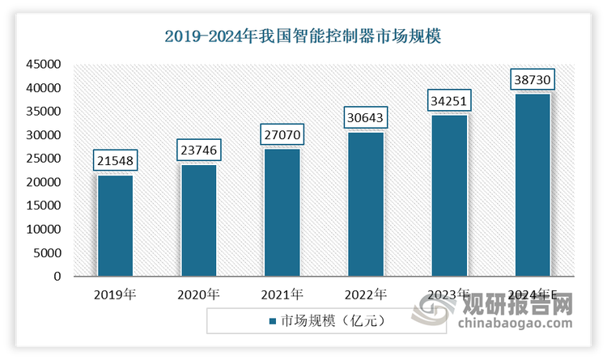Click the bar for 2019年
coord(115,226)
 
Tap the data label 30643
coord(366,116)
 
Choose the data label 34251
coord(449,100)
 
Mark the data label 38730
coord(533,79)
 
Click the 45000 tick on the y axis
coord(45,64)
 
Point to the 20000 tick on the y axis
coord(45,182)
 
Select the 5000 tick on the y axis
coord(48,253)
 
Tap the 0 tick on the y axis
coord(57,277)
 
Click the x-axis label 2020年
coord(198,294)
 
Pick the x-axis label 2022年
coord(366,294)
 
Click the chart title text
coord(303,36)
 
